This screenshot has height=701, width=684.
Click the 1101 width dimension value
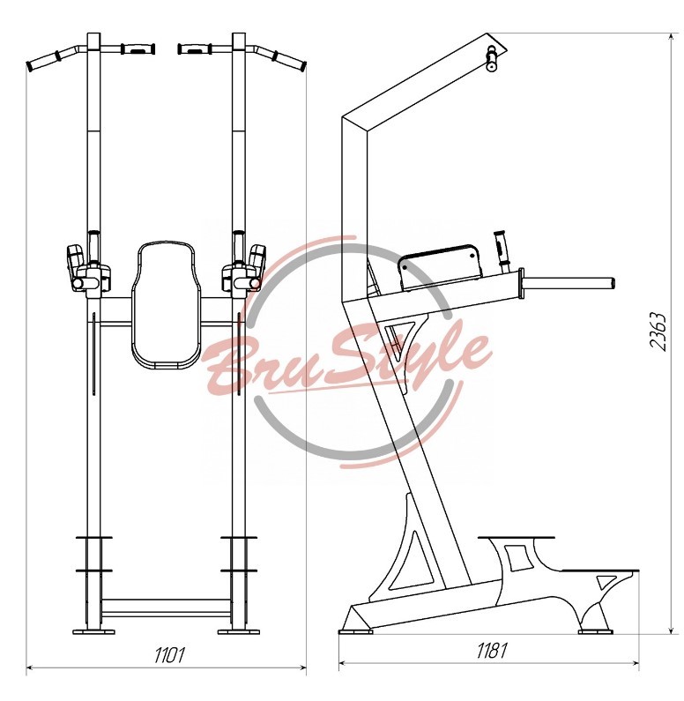(169, 655)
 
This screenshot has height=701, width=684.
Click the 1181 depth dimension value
(492, 651)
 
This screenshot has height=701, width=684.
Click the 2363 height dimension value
(658, 332)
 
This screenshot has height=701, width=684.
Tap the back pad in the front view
(164, 305)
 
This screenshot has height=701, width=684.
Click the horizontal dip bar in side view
(569, 283)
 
